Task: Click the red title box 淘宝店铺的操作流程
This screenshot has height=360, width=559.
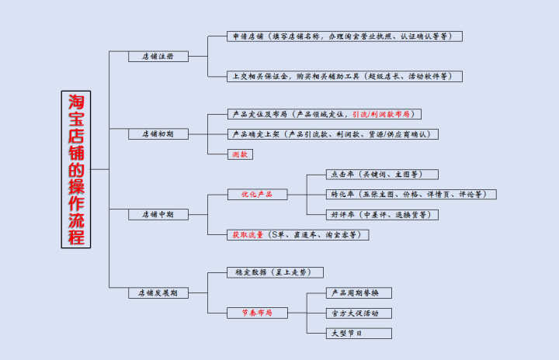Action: point(75,169)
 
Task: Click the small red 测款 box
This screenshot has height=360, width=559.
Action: point(240,154)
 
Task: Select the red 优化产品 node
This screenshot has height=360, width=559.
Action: point(257,194)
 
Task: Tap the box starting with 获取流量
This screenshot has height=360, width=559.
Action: point(297,234)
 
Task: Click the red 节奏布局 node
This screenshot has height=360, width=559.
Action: point(257,313)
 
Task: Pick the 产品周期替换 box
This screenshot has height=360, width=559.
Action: point(359,293)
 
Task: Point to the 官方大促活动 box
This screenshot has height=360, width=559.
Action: point(359,313)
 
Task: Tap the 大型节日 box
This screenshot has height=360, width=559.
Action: point(359,333)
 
